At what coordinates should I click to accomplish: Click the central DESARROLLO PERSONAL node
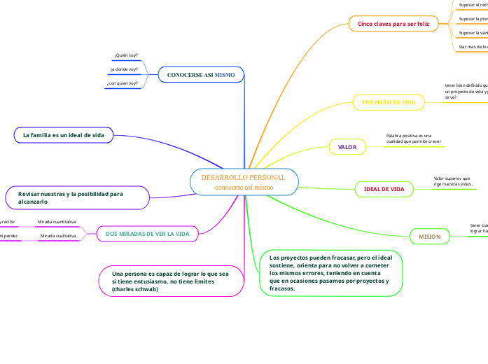(244, 182)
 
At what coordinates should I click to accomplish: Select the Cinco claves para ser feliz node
(393, 24)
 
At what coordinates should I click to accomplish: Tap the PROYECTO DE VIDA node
(389, 102)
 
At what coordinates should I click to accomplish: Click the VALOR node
(347, 147)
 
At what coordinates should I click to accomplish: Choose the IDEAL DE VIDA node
(384, 189)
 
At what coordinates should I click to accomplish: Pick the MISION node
(429, 237)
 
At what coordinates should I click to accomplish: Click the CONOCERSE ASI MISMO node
(200, 73)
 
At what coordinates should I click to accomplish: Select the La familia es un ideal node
(63, 135)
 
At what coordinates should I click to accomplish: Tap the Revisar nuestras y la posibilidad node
(77, 197)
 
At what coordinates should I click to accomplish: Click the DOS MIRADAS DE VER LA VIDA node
(147, 233)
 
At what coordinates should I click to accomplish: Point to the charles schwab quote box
(171, 279)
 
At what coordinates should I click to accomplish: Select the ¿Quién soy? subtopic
(126, 55)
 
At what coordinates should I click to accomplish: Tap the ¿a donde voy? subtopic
(124, 69)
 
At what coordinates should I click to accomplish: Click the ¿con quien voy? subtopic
(123, 84)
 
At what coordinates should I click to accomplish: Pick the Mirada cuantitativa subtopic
(57, 222)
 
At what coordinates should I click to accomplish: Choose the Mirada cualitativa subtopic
(57, 237)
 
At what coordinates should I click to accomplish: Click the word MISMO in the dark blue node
(224, 73)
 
